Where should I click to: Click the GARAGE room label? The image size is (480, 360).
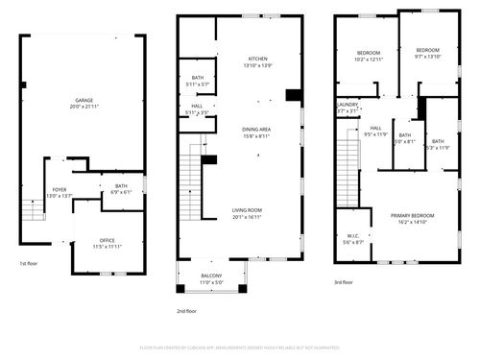click(x=84, y=99)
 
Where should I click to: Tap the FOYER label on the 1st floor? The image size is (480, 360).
click(x=60, y=190)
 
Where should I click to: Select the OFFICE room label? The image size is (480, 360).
click(x=108, y=240)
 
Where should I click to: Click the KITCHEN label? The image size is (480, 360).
click(x=258, y=59)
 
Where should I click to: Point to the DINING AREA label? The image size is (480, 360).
click(x=257, y=131)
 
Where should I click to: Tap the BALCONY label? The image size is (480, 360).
click(x=210, y=276)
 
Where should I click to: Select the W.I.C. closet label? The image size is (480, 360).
click(x=353, y=236)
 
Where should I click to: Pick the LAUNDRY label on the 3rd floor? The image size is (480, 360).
click(x=348, y=105)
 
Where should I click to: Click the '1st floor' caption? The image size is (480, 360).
click(x=30, y=263)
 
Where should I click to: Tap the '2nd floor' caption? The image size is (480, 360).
click(x=186, y=310)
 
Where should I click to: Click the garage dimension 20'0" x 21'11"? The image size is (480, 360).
click(x=84, y=106)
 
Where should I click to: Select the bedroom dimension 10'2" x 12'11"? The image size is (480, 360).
click(x=370, y=60)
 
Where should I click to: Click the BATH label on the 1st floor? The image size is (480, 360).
click(x=121, y=185)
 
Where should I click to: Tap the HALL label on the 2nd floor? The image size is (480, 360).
click(x=196, y=107)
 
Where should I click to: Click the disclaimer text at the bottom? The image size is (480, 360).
click(x=240, y=347)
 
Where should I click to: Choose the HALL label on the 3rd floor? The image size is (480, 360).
click(x=375, y=128)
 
